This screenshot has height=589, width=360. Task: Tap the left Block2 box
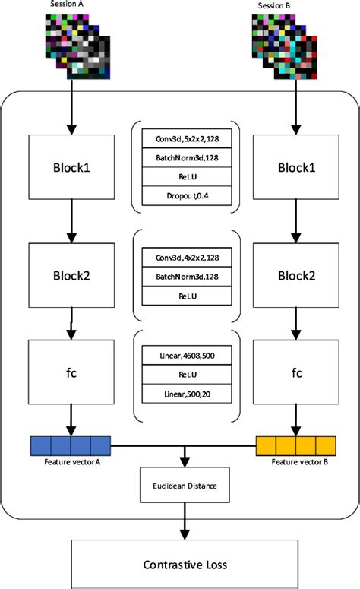click(71, 274)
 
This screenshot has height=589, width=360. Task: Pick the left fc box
click(71, 372)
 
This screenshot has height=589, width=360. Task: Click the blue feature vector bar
click(71, 443)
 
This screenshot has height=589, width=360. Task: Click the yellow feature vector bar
click(295, 443)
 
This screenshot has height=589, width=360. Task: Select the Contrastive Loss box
click(184, 565)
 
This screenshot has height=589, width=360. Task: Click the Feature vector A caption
click(71, 461)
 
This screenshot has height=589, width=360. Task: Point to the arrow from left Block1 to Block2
click(71, 220)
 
